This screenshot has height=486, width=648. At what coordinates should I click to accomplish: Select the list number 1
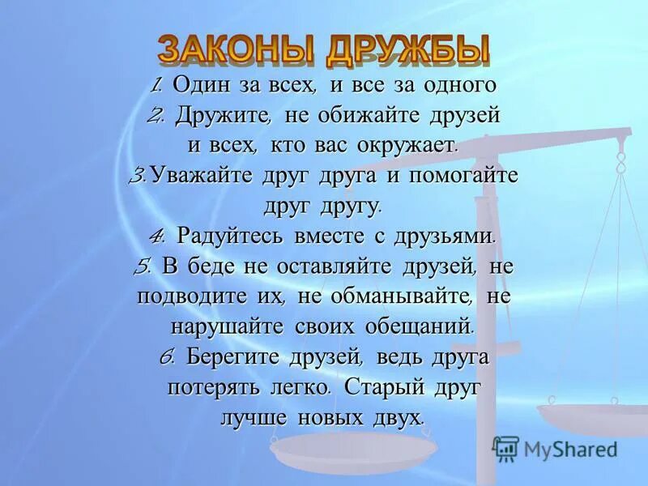[x=158, y=83]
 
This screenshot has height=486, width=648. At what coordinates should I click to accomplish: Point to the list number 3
[x=137, y=175]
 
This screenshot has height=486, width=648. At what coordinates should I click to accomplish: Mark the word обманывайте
[x=386, y=296]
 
